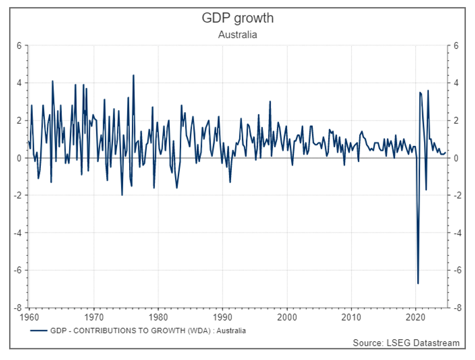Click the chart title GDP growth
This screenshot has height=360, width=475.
[237, 18]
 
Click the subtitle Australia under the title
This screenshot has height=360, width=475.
[237, 35]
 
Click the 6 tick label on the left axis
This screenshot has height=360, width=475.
[19, 45]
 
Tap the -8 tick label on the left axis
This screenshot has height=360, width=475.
[18, 307]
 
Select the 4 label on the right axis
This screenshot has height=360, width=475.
[455, 83]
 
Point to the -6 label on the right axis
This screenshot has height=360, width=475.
[457, 270]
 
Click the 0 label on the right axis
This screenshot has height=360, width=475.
[455, 158]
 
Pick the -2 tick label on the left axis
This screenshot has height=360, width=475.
[18, 195]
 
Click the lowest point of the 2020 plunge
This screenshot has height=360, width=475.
[418, 283]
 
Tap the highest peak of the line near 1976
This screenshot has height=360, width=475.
[133, 75]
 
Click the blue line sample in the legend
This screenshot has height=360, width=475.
[38, 331]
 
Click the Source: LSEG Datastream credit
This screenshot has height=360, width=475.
[406, 343]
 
